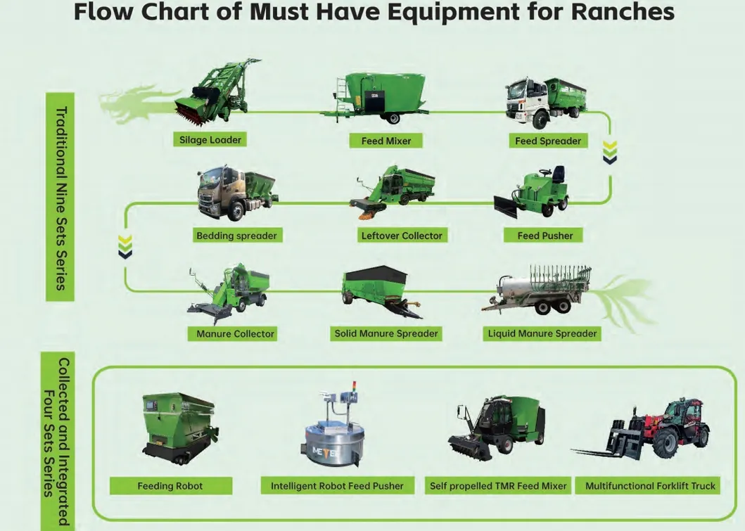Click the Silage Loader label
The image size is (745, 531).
click(x=210, y=140)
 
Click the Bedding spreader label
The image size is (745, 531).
click(x=236, y=236)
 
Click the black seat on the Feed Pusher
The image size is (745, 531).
click(x=558, y=174)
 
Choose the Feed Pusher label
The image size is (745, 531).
click(x=545, y=236)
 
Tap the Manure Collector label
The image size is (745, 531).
click(x=235, y=333)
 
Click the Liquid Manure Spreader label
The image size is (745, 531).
click(x=542, y=333)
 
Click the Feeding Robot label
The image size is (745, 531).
click(x=170, y=486)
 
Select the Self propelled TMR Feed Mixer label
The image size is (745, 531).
click(x=498, y=486)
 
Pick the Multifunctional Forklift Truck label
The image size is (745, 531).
click(x=650, y=486)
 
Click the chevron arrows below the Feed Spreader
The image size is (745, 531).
click(x=610, y=152)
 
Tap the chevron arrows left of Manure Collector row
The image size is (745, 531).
click(x=125, y=246)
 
